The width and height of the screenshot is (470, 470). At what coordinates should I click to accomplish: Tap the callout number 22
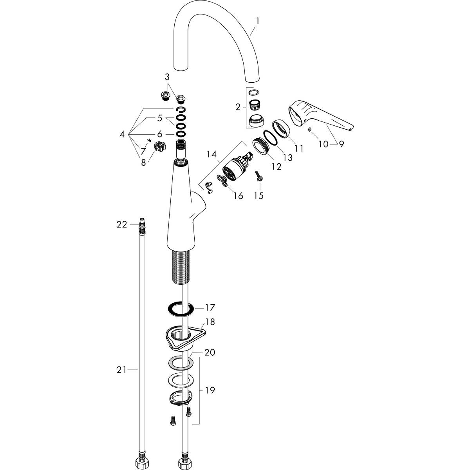122,224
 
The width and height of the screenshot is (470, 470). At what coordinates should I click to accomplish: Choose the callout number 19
210,390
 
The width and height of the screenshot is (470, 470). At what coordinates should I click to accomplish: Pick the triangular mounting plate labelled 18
182,335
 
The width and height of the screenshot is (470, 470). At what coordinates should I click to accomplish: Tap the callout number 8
143,162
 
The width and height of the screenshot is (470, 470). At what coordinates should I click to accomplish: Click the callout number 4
122,134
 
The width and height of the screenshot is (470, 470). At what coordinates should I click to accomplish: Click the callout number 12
276,166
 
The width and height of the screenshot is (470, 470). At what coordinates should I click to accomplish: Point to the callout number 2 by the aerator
238,107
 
